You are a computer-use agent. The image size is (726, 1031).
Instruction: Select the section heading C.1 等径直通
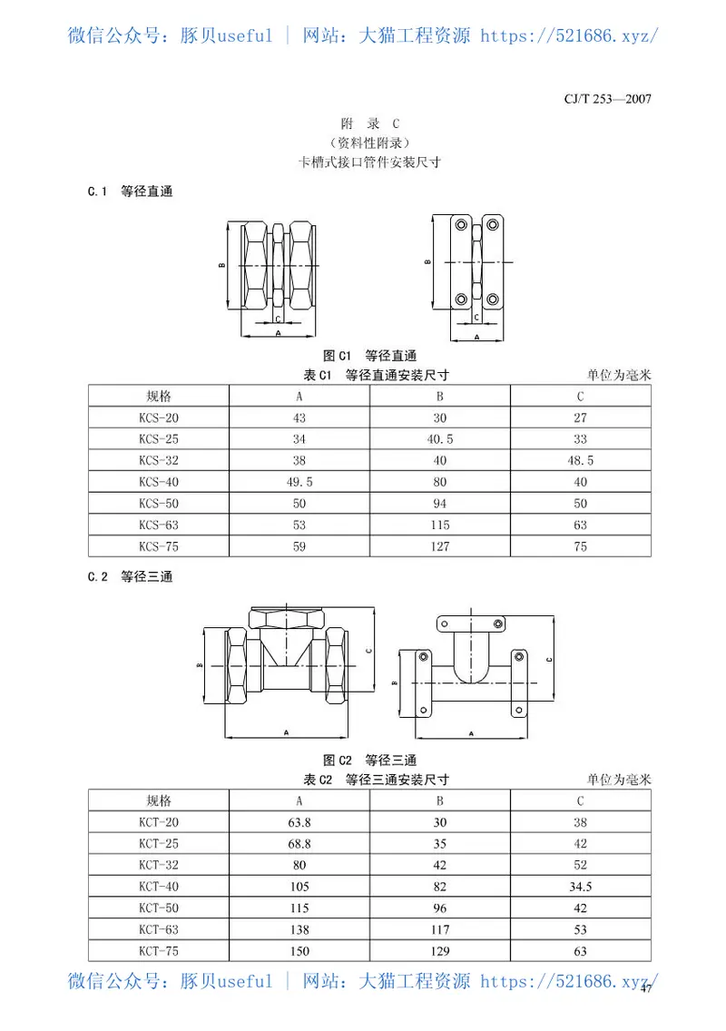pyautogui.click(x=130, y=191)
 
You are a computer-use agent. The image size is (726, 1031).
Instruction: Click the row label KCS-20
pyautogui.click(x=159, y=417)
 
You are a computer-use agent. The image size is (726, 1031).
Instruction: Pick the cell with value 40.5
pyautogui.click(x=439, y=439)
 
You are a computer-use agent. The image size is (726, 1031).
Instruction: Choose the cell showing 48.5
pyautogui.click(x=580, y=460)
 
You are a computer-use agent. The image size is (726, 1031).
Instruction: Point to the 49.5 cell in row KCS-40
pyautogui.click(x=299, y=482)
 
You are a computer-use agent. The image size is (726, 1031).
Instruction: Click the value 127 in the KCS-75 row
pyautogui.click(x=439, y=546)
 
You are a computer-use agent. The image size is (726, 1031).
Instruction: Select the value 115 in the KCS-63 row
pyautogui.click(x=439, y=525)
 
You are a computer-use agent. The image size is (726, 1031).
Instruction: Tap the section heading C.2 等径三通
pyautogui.click(x=130, y=577)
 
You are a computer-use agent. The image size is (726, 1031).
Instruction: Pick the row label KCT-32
pyautogui.click(x=159, y=865)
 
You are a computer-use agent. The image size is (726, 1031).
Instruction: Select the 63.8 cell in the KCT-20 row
pyautogui.click(x=299, y=822)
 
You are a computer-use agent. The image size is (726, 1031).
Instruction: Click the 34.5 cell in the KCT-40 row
pyautogui.click(x=580, y=887)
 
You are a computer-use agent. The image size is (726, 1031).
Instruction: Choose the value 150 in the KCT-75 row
pyautogui.click(x=299, y=951)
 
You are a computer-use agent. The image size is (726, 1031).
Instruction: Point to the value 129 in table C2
pyautogui.click(x=439, y=951)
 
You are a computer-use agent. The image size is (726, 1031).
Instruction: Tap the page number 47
pyautogui.click(x=646, y=990)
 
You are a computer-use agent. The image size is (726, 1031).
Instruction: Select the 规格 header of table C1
pyautogui.click(x=159, y=396)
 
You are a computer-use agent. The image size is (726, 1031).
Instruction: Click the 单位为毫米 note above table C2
pyautogui.click(x=619, y=780)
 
